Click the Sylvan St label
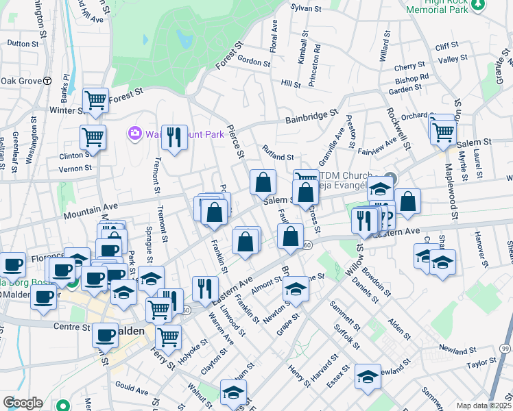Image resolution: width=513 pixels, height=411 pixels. coord(306,8)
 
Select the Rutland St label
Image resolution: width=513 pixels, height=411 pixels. coord(278,157)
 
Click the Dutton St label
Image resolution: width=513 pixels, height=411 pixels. coord(23,43)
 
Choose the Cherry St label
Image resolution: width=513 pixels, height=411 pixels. coord(410,67)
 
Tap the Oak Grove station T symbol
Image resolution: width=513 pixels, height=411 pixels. coord(47,81)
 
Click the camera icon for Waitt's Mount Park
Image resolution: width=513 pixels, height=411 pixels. coord(134,133)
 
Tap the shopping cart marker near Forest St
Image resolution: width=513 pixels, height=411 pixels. coord(95,100)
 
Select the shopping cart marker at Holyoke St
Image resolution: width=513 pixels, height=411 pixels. coord(167,336)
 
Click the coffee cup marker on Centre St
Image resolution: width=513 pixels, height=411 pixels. coord(105,334)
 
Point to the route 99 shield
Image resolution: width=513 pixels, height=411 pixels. coord(505,349)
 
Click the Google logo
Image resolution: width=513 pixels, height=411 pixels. coord(23,403)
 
